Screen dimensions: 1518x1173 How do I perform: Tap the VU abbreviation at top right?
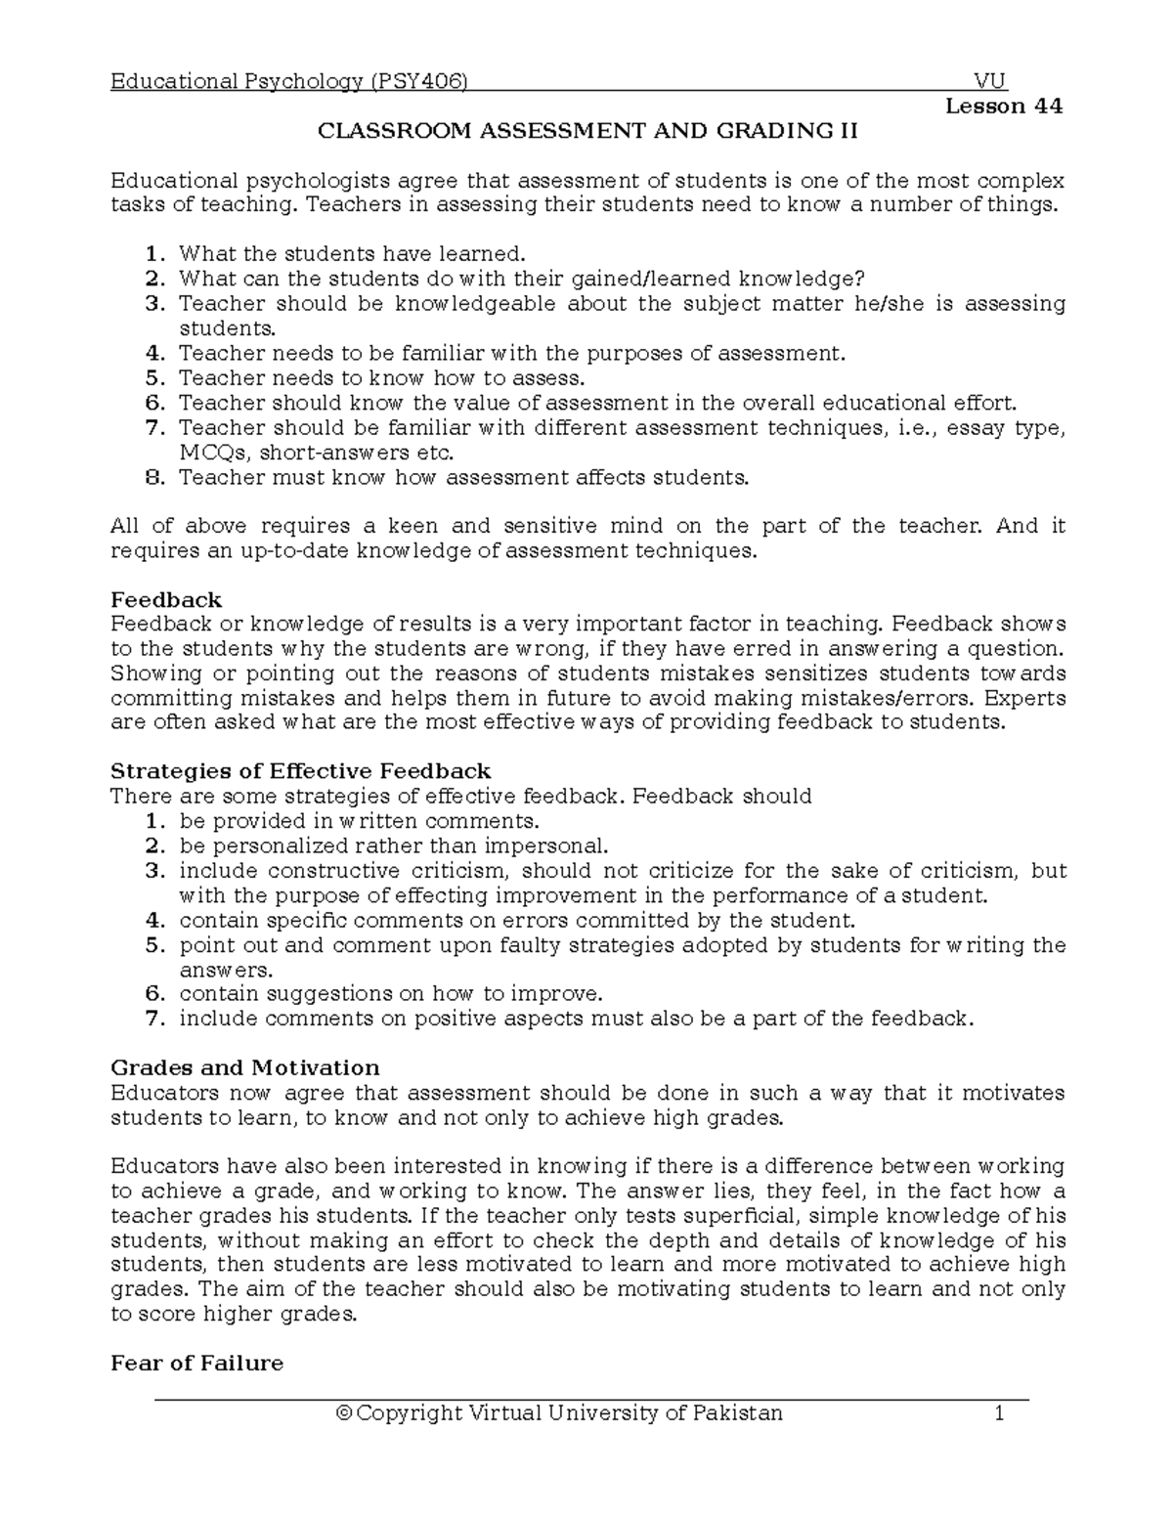(x=990, y=81)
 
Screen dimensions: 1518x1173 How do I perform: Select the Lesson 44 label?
(x=1004, y=106)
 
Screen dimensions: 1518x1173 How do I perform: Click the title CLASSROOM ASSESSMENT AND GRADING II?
(x=585, y=131)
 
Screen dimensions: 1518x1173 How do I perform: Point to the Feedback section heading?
(x=166, y=599)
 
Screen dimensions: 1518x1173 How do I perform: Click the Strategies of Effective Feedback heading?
(x=301, y=771)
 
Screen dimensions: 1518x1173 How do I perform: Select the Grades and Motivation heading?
(x=245, y=1067)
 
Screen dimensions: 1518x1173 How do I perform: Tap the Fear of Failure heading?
(x=197, y=1363)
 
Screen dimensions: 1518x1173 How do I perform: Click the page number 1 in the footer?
(x=999, y=1412)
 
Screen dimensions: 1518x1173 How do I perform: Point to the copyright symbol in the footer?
(x=342, y=1412)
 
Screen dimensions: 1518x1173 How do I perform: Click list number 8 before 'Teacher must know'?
(x=152, y=477)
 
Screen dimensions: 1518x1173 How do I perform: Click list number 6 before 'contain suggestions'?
(x=152, y=994)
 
